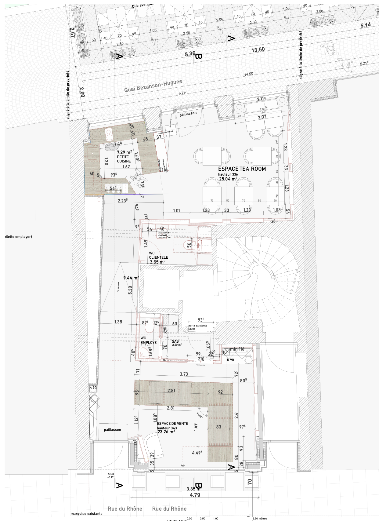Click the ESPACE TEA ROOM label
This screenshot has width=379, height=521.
click(242, 169)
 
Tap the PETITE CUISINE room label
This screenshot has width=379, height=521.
click(124, 159)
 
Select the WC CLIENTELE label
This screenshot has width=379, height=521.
click(158, 255)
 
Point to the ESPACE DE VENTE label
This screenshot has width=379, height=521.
click(172, 424)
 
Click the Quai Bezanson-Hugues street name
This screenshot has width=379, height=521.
click(153, 86)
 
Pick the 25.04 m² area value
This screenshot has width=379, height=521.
click(228, 179)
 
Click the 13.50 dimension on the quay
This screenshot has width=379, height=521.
click(258, 50)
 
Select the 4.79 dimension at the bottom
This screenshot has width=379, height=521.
click(195, 495)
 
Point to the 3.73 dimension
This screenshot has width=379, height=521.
click(184, 374)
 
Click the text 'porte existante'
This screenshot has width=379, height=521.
click(198, 326)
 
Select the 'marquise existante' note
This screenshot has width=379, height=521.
click(86, 514)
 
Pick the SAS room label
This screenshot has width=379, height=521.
click(175, 341)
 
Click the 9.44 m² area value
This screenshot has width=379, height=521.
click(131, 278)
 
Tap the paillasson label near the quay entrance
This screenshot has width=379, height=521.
click(188, 113)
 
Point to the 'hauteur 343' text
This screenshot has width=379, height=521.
click(167, 428)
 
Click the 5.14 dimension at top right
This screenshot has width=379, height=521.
click(366, 25)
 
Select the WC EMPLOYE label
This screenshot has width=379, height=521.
click(148, 340)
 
